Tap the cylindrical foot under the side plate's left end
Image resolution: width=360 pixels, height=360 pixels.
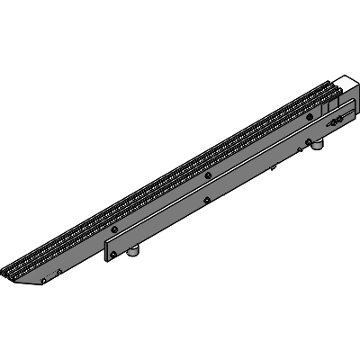coord(133,254)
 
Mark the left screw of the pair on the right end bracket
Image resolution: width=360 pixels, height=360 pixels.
coord(334,120)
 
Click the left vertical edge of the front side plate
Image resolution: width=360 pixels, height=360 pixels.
coord(106,248)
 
